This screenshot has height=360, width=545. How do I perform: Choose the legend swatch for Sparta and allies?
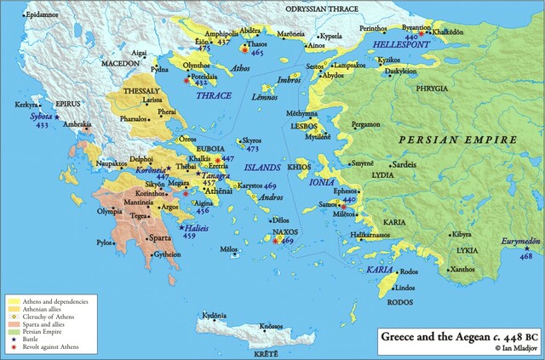(x=13, y=323)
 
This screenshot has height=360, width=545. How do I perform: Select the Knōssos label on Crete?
(x=271, y=327)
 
